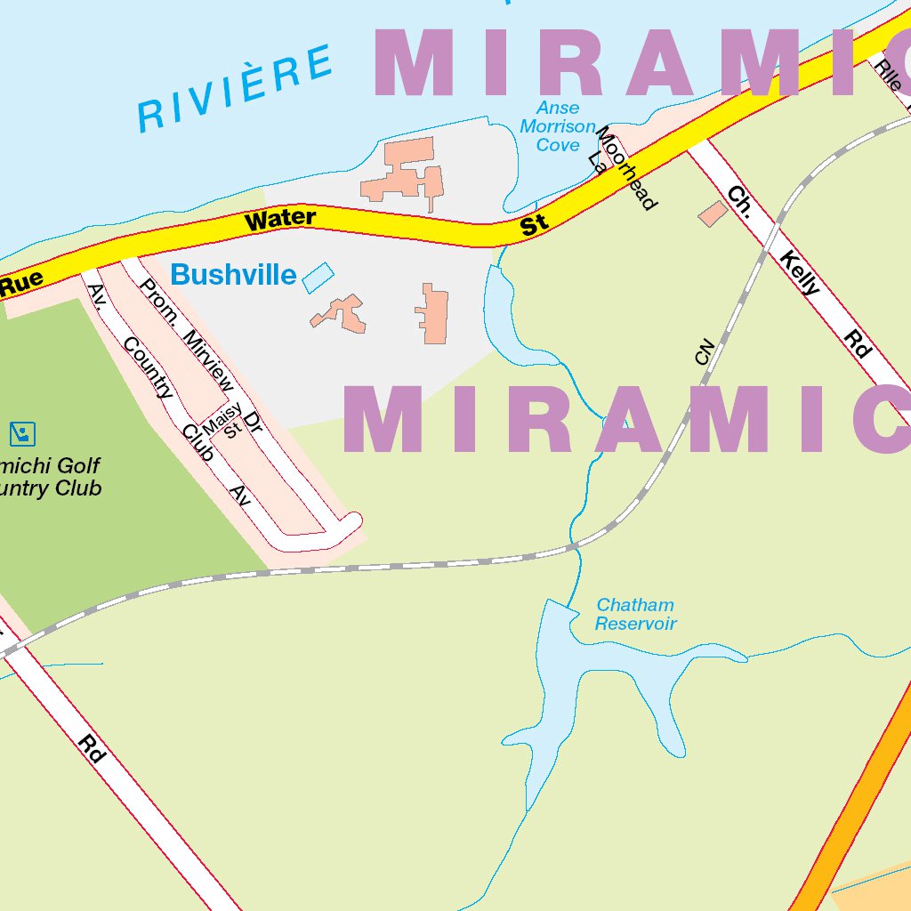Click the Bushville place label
tap(233, 275)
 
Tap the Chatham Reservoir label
tap(635, 615)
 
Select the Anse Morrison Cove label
tap(558, 126)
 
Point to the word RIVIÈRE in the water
tap(237, 88)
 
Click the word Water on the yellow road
tap(280, 219)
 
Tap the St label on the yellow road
tap(534, 226)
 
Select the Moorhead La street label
tap(623, 165)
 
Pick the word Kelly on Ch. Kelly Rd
tap(801, 273)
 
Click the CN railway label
tap(705, 351)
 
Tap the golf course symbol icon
tap(22, 434)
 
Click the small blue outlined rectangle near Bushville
tap(318, 278)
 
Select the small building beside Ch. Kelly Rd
tap(713, 214)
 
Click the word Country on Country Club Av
tap(147, 367)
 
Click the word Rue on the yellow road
tap(21, 284)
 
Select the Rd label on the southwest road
tap(92, 748)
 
